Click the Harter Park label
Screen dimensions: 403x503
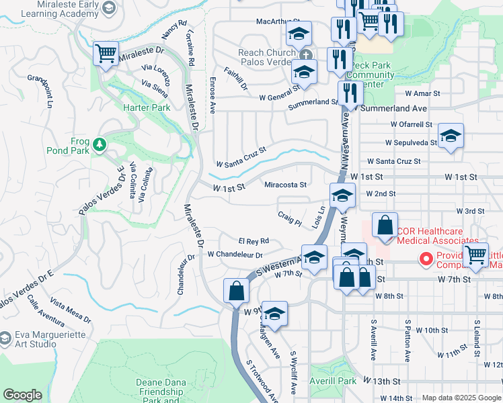147,107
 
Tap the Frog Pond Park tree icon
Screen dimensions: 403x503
100,144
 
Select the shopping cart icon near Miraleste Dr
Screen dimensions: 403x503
106,53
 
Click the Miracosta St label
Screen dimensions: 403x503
285,185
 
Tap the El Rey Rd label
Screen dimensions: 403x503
254,240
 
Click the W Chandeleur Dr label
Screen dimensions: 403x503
235,255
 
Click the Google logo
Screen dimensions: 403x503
22,395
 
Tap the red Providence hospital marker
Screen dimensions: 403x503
426,258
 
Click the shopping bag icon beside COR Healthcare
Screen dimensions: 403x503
385,226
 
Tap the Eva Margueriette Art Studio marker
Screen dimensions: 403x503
5,337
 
